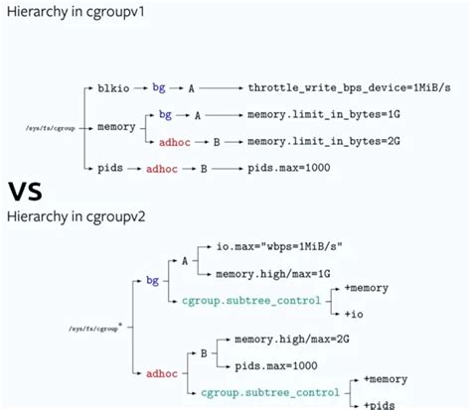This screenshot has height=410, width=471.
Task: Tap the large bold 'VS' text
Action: pos(29,190)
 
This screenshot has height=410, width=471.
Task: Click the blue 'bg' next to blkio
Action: pos(159,88)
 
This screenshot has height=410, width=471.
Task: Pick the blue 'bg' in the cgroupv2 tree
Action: pos(152,281)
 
